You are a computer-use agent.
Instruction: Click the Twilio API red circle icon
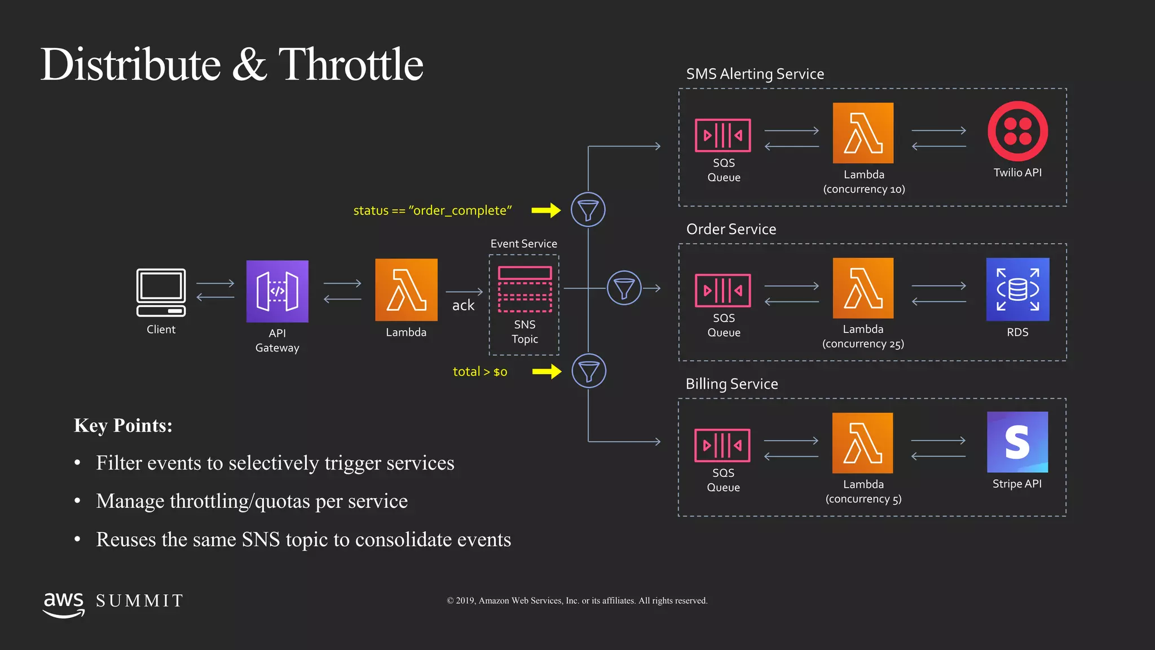tap(1017, 131)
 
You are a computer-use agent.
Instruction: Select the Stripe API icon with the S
tap(1017, 442)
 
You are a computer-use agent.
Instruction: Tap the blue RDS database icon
tap(1017, 289)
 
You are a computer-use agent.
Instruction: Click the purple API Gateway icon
tap(277, 291)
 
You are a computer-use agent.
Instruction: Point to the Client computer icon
tap(161, 292)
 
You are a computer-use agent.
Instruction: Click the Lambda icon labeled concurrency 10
tap(863, 133)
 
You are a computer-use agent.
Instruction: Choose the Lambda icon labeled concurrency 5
tap(862, 443)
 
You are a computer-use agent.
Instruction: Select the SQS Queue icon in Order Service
tap(722, 290)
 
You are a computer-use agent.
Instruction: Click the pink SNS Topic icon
tap(524, 289)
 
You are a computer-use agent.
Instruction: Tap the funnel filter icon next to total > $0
tap(589, 371)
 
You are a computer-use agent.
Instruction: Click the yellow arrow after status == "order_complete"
tap(546, 210)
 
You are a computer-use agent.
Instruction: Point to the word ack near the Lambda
tap(463, 305)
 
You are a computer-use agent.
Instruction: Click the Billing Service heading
tap(731, 384)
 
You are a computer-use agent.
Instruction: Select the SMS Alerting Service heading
tap(755, 74)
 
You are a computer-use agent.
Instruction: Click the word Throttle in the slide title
tap(350, 64)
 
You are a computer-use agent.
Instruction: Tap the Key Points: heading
tap(123, 425)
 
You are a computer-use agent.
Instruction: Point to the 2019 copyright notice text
tap(577, 600)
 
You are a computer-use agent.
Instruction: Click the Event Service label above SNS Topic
tap(523, 244)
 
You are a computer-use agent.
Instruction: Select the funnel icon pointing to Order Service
tap(624, 288)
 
